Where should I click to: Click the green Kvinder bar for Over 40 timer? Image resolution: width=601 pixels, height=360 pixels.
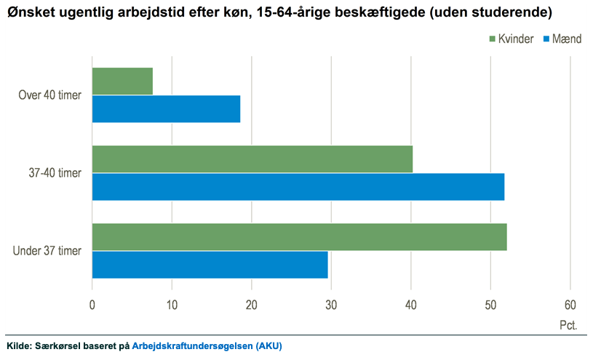[x=122, y=81]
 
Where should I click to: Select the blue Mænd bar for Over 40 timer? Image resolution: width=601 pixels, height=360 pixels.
[x=166, y=108]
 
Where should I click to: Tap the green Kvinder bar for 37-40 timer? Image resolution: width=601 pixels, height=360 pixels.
[x=252, y=159]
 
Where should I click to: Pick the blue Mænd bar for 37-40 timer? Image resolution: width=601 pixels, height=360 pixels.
[x=298, y=186]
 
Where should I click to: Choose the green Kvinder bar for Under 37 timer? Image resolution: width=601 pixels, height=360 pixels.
[x=299, y=237]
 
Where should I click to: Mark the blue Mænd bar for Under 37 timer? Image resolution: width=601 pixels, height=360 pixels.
[x=210, y=265]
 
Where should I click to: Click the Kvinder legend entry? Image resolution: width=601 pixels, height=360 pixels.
[x=513, y=39]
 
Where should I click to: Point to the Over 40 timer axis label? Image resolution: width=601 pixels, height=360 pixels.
[x=49, y=95]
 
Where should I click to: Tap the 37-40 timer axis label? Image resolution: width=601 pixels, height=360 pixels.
[x=56, y=173]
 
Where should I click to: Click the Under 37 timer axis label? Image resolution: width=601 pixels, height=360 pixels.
[x=47, y=251]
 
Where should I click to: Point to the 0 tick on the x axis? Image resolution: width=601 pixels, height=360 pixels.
[x=92, y=305]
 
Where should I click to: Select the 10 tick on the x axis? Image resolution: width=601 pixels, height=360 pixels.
[x=172, y=305]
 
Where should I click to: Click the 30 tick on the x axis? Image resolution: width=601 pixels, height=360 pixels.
[x=331, y=305]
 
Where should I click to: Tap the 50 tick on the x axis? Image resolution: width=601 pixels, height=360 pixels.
[x=490, y=305]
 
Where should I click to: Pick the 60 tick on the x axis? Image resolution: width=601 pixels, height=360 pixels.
[x=570, y=305]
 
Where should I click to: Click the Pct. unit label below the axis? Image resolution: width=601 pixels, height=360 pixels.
[x=568, y=325]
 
